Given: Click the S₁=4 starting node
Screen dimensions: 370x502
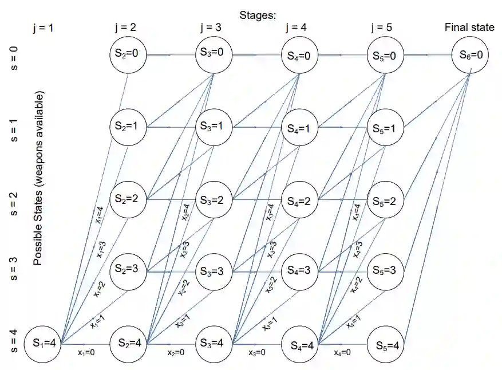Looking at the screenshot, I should [44, 344].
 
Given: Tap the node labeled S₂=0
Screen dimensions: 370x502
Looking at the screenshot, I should [128, 55].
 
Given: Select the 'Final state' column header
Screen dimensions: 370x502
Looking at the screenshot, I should [469, 27].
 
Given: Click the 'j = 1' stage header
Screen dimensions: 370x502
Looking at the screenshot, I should [44, 27].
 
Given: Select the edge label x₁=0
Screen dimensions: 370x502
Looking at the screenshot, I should [86, 353].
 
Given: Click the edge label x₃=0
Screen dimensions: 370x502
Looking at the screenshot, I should [257, 353].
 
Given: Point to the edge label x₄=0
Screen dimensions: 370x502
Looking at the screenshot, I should [343, 353].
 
